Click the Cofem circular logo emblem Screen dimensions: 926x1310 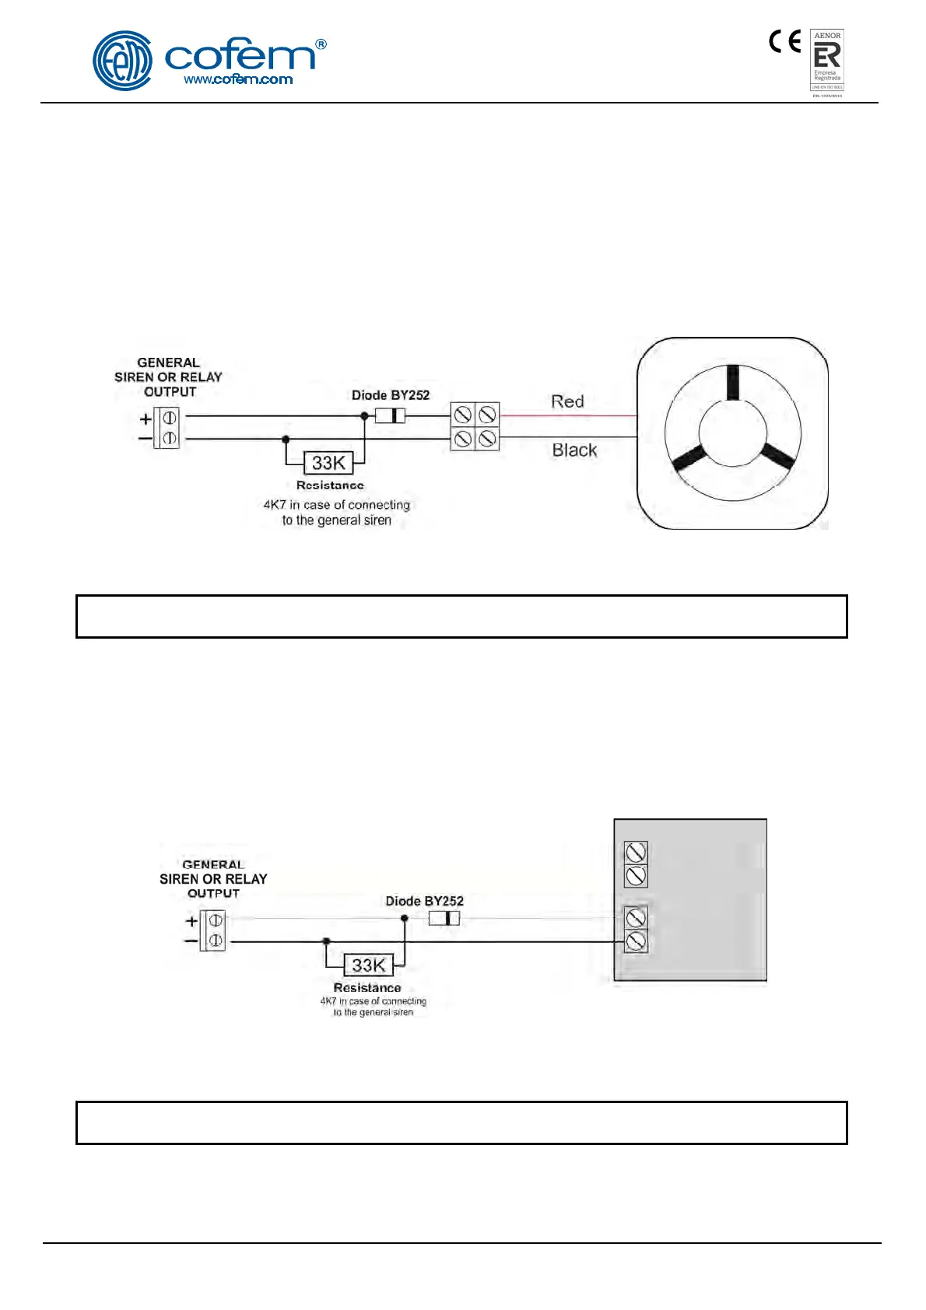[x=122, y=61]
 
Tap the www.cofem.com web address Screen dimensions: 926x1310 [x=238, y=79]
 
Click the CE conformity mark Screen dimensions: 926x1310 [x=784, y=41]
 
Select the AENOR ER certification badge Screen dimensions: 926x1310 [x=827, y=61]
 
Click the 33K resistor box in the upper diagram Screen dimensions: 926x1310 [x=328, y=463]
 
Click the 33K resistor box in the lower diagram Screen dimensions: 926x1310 [x=368, y=965]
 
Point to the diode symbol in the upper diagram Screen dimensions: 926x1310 [x=390, y=415]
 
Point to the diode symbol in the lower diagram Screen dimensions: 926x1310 [x=444, y=919]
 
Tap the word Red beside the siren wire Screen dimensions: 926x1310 [x=567, y=401]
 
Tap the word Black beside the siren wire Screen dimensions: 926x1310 [x=574, y=450]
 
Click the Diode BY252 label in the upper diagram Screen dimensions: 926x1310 [x=391, y=395]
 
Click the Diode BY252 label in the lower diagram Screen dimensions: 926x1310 [x=425, y=901]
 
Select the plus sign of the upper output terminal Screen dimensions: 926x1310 [x=146, y=419]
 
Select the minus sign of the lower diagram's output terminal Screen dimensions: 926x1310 [x=191, y=941]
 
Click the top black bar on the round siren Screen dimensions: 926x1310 [x=732, y=382]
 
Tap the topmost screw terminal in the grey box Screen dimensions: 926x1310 [x=637, y=853]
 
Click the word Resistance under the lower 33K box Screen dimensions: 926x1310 [x=367, y=988]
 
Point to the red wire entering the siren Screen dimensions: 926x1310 [x=568, y=416]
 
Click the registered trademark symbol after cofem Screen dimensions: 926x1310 [x=321, y=45]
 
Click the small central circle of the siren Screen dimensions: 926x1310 [x=732, y=434]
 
